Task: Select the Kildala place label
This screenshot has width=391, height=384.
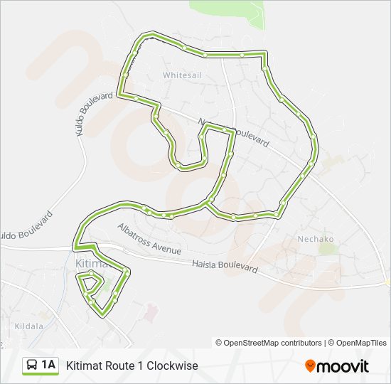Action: (x=29, y=326)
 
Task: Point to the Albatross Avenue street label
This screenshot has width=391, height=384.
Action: (x=149, y=238)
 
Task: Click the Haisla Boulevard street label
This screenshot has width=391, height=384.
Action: (x=225, y=265)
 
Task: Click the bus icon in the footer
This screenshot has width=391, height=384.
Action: (x=33, y=366)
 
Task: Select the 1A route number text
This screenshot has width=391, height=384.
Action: (x=48, y=366)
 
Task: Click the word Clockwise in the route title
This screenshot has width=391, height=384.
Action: (x=171, y=366)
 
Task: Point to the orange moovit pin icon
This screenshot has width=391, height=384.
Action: (x=310, y=366)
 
